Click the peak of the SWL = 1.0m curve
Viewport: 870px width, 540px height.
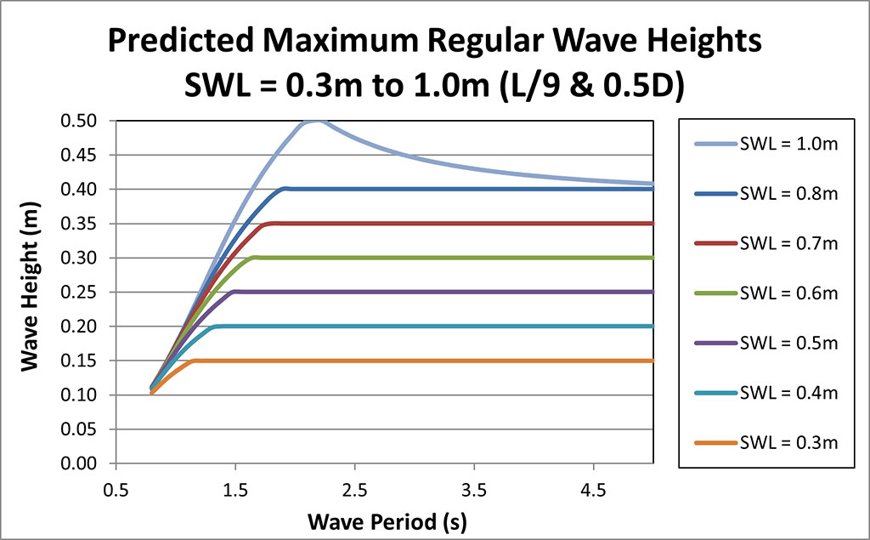[x=315, y=121]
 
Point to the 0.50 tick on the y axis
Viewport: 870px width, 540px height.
[x=88, y=121]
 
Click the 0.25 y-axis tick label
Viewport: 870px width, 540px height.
[x=88, y=292]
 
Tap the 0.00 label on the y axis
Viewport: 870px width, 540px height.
[x=88, y=463]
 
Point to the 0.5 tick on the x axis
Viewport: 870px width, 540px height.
[x=116, y=491]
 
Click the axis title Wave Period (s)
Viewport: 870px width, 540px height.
[x=387, y=520]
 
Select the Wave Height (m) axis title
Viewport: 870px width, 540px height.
[x=31, y=292]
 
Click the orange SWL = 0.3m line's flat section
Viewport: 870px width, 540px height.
[x=425, y=361]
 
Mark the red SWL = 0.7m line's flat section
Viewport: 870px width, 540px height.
[x=467, y=224]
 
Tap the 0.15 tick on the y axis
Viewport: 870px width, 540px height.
[x=88, y=361]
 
